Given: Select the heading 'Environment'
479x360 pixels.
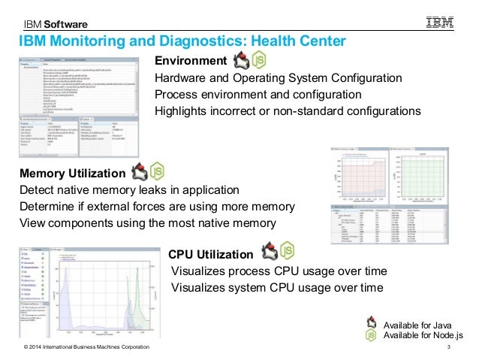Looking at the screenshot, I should tap(190, 61).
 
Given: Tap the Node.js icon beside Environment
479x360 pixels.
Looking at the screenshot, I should tap(258, 60).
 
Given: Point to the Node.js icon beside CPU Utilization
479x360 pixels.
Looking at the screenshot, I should tap(286, 251).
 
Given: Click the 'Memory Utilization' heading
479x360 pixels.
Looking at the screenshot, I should tap(72, 174).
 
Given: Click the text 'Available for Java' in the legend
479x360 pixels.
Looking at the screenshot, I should tap(417, 324).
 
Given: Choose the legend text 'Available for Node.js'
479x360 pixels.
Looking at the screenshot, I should tap(423, 334).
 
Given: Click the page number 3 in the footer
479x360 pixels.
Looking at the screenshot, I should tap(447, 346).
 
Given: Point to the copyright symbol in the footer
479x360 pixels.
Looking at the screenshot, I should tap(26, 346).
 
